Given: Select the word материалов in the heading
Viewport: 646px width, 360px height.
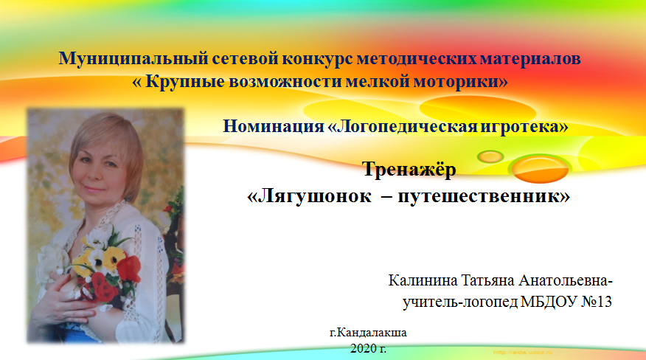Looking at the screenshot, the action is coord(530,59).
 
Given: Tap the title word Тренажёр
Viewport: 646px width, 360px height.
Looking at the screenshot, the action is coord(409,170).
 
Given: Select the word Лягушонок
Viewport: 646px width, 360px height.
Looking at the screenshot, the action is coord(314,196).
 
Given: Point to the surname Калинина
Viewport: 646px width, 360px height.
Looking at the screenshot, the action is coord(423,280).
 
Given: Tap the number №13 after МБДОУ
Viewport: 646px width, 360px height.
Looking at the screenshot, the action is coord(597,302).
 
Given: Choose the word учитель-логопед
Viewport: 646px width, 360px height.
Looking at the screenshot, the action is coord(459,302).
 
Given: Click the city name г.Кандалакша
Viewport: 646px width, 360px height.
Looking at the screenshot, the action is coord(368,333).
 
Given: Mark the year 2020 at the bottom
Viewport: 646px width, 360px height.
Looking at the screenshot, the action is coord(362,349).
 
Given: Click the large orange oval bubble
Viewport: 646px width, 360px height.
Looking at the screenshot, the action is coord(540,169).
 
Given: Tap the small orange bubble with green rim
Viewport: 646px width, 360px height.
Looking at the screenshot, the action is coord(490,156).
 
